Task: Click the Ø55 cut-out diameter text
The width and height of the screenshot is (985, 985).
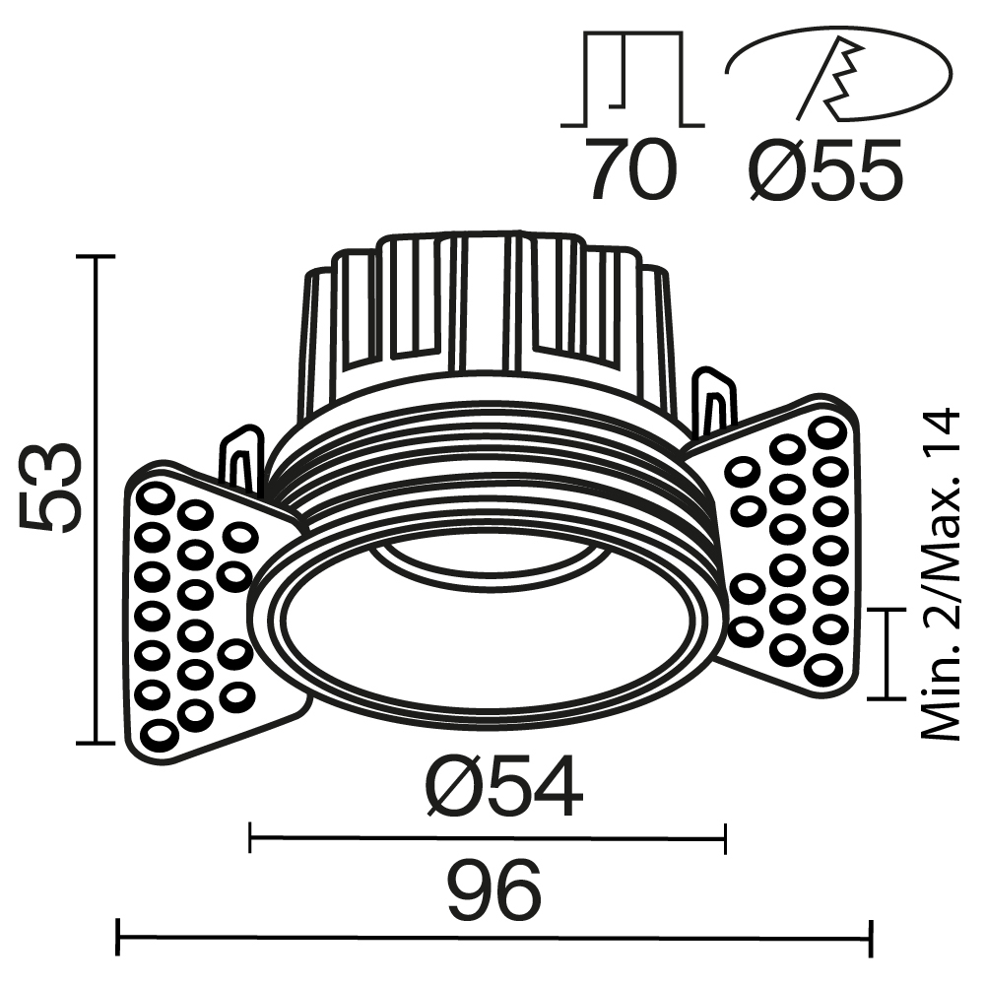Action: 825,169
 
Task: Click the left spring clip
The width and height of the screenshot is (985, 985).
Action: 241,458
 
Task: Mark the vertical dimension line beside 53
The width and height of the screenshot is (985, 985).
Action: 97,497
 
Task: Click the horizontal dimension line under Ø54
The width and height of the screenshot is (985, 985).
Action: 488,839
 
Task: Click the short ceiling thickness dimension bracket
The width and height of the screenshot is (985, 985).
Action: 889,653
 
